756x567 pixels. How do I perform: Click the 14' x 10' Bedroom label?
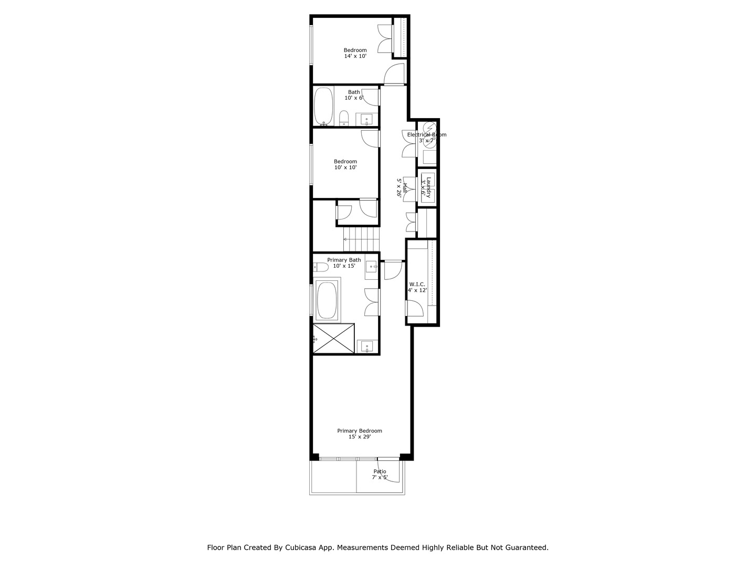[355, 53]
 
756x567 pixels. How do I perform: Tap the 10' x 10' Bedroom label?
[345, 164]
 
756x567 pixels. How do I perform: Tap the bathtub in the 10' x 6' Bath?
[323, 106]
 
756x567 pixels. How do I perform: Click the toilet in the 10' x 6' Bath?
[344, 118]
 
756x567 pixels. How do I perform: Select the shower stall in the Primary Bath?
[334, 338]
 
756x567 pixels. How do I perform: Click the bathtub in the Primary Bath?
[328, 300]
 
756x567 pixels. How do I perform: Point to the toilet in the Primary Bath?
[320, 267]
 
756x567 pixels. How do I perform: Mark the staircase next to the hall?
[361, 240]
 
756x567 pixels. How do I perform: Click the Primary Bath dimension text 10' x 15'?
[344, 266]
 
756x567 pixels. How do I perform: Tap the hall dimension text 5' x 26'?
[399, 187]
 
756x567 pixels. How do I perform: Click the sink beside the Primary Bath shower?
[366, 346]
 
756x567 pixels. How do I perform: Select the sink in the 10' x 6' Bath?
[366, 119]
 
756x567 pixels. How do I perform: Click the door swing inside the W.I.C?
[415, 308]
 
